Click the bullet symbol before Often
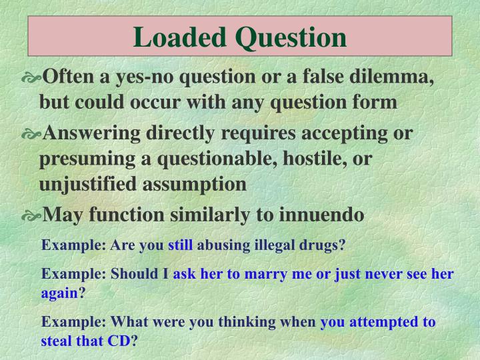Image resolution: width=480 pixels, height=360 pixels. coord(31,79)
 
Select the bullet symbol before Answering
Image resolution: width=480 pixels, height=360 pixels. coord(31,134)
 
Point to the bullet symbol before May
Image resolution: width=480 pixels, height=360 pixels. coord(31,216)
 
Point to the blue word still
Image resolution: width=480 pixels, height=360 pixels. coord(180,245)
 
